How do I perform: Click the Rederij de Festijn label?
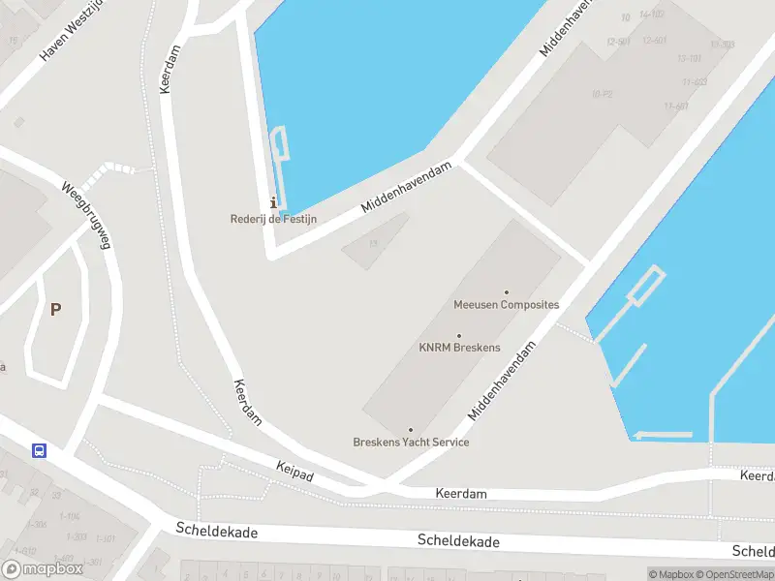click(x=273, y=219)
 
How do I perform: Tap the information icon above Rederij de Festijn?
click(x=273, y=202)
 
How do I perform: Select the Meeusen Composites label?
click(x=506, y=304)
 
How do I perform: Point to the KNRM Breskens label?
click(x=459, y=348)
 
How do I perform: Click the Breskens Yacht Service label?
click(x=411, y=443)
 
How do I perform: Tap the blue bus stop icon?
click(x=40, y=451)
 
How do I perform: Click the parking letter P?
click(x=56, y=310)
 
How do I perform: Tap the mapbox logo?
click(x=43, y=569)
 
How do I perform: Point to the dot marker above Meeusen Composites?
click(x=506, y=291)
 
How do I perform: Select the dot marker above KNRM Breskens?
click(x=459, y=336)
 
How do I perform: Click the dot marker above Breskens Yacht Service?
click(x=411, y=430)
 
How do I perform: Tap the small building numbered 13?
click(x=374, y=241)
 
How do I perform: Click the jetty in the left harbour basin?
click(x=282, y=155)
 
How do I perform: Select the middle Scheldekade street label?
click(x=458, y=541)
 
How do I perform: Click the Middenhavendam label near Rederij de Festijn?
click(x=406, y=187)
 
